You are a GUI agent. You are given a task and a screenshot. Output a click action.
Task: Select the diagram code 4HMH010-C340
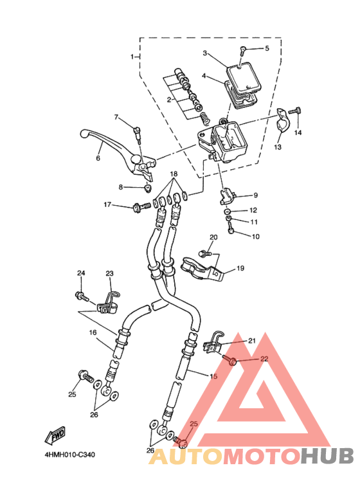point(69,455)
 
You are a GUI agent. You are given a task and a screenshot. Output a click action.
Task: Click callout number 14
point(298,132)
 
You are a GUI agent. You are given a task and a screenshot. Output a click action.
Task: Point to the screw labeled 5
point(243,50)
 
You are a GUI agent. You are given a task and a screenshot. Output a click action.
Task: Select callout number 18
point(174,174)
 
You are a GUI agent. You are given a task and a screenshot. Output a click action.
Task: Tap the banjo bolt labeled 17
point(142,207)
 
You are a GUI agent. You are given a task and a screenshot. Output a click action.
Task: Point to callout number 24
point(81,273)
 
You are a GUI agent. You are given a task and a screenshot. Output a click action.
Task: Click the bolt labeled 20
point(204,253)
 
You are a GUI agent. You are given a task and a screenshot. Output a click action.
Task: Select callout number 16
point(93,332)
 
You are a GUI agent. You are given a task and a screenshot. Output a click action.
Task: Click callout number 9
point(255,195)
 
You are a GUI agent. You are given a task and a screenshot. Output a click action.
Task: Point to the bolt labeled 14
point(294,111)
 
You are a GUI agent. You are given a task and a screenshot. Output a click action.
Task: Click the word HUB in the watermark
point(327,456)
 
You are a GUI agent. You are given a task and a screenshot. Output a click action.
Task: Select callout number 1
point(132,57)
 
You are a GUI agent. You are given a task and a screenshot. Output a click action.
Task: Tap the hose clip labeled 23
point(108,303)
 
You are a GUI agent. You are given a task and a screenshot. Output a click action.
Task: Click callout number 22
point(264,359)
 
